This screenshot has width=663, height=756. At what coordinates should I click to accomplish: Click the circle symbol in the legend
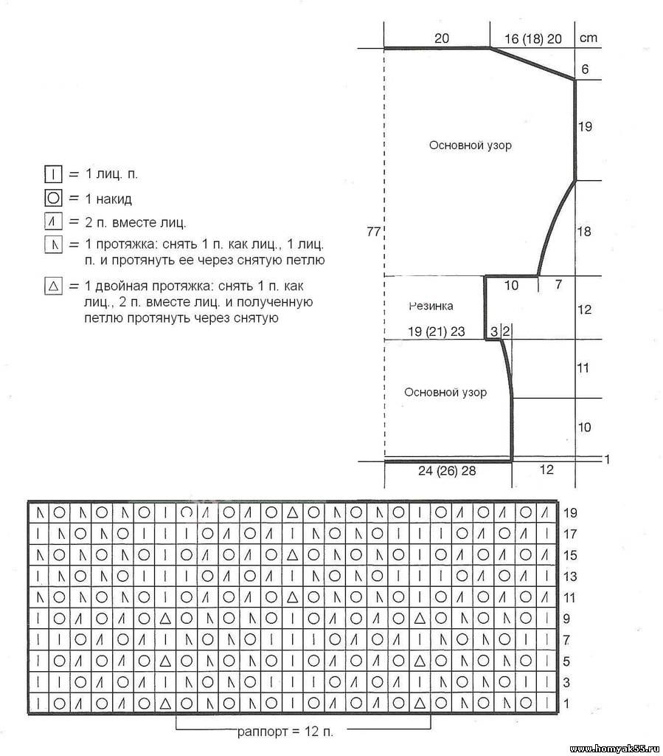[52, 199]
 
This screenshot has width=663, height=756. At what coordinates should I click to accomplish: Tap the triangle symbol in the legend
[52, 286]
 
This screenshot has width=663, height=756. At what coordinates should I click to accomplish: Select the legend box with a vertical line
[52, 175]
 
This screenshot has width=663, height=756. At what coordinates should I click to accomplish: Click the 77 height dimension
[373, 232]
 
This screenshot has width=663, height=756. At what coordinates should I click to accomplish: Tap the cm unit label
[589, 38]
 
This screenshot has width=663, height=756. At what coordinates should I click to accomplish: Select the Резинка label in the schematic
[431, 306]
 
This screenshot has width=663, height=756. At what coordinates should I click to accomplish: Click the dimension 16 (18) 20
[532, 38]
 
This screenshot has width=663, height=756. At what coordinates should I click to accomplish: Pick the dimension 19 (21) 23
[437, 332]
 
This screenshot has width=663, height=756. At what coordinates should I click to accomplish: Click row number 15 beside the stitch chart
[570, 554]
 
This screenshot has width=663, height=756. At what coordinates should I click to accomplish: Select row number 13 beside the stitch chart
[570, 576]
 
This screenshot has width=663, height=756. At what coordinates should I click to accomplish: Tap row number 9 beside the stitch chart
[566, 619]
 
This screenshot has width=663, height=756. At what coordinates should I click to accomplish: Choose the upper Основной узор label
[470, 145]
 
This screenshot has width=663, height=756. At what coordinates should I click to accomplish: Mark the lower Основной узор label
[445, 393]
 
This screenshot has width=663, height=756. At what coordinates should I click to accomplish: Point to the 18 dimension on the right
[583, 232]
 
